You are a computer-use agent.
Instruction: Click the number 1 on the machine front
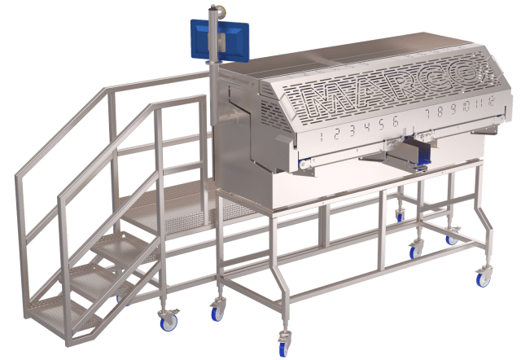(322, 137)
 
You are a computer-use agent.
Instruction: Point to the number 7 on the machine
(428, 114)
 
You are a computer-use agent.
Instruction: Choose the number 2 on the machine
(336, 134)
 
